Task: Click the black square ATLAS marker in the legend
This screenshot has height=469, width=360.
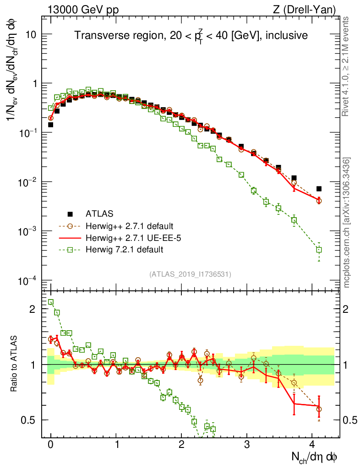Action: (70, 213)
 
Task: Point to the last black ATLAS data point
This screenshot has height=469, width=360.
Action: (319, 189)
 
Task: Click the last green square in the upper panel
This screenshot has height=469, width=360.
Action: (319, 250)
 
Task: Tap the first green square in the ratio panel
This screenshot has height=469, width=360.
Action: (51, 302)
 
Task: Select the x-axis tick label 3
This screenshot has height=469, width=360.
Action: (247, 444)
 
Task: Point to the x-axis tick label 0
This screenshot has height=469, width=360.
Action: (50, 444)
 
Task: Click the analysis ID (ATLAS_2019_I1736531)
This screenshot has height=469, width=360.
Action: (190, 274)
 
